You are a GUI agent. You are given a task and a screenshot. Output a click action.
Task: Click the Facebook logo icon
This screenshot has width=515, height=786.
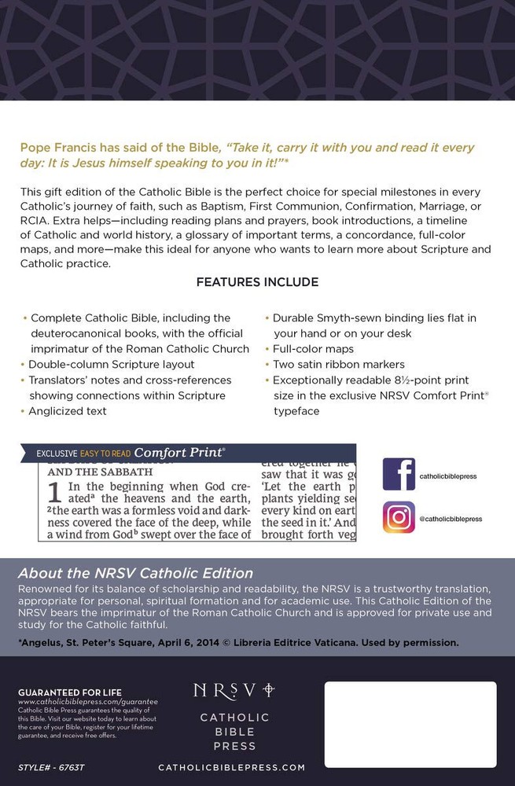click(x=399, y=474)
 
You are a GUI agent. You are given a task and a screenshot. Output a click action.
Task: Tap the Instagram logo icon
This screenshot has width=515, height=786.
click(x=399, y=517)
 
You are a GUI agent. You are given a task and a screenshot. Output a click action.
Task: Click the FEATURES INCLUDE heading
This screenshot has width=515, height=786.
click(x=257, y=282)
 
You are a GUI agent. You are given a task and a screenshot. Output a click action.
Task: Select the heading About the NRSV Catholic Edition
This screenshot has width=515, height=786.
click(x=135, y=573)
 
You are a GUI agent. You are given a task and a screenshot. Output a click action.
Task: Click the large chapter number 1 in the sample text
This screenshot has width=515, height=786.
click(x=54, y=493)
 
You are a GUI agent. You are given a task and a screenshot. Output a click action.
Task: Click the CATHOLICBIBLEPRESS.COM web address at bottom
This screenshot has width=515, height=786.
click(x=231, y=766)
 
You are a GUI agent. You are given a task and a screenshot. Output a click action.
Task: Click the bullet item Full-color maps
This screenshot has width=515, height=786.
click(x=313, y=348)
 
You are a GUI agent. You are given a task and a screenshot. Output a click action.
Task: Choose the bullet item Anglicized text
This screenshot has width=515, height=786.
click(x=67, y=411)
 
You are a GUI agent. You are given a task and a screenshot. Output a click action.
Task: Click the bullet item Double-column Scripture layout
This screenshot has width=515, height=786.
click(x=111, y=365)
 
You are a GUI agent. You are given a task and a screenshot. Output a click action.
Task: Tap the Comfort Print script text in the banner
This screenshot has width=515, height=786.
click(x=178, y=453)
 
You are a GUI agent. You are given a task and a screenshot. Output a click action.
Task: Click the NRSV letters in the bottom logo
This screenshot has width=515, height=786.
click(x=225, y=689)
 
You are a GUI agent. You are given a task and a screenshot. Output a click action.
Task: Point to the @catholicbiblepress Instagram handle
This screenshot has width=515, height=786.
click(x=451, y=519)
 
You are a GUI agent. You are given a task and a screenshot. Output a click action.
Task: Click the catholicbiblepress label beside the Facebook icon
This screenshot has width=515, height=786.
click(x=448, y=476)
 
